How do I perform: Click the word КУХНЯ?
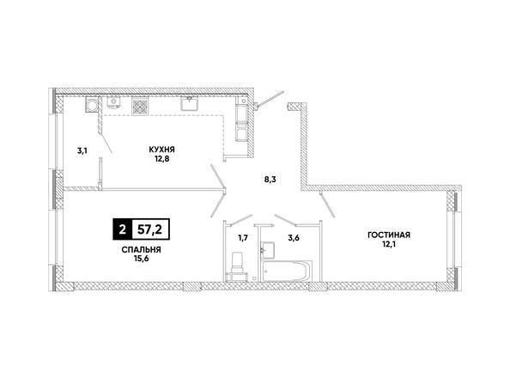click(161, 150)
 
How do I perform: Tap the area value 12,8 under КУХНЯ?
click(161, 159)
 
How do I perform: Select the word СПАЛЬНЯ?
click(141, 250)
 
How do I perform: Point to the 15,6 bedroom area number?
click(141, 259)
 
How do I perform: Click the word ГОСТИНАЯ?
click(389, 235)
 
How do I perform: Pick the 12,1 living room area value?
click(389, 244)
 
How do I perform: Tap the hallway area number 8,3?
click(270, 180)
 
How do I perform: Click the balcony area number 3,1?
click(82, 150)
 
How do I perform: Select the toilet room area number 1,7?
click(243, 238)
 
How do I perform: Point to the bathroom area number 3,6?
click(294, 238)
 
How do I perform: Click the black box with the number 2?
click(122, 229)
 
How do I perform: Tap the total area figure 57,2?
click(150, 229)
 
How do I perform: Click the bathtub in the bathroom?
click(286, 271)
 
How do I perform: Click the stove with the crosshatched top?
click(141, 107)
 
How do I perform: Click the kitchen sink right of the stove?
click(190, 103)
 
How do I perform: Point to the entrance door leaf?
click(270, 98)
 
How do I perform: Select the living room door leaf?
click(327, 205)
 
